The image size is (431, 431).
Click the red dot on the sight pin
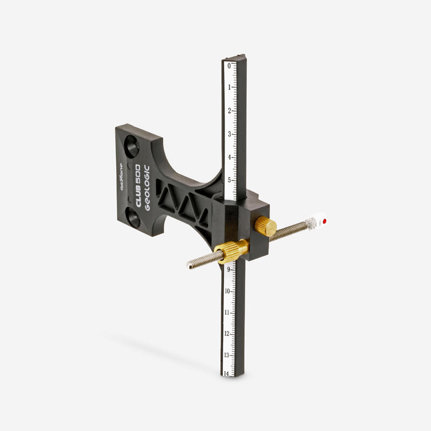324,220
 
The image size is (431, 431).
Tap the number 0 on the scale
229,66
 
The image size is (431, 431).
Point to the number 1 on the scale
229,87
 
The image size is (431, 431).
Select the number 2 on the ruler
229,110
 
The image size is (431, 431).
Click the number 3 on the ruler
229,134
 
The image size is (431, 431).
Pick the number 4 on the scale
229,157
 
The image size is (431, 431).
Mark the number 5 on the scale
229,180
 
